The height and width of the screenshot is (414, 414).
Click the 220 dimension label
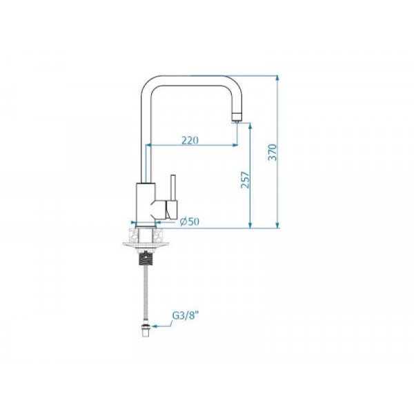190,141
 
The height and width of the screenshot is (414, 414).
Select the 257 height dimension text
245,180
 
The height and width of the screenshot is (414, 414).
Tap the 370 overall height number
273,152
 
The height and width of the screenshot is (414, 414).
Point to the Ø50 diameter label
189,221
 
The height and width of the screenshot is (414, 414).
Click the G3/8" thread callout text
185,315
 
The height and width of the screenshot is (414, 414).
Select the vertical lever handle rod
173,188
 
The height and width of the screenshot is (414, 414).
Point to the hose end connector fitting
146,331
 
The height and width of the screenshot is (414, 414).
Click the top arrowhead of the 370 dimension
277,79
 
